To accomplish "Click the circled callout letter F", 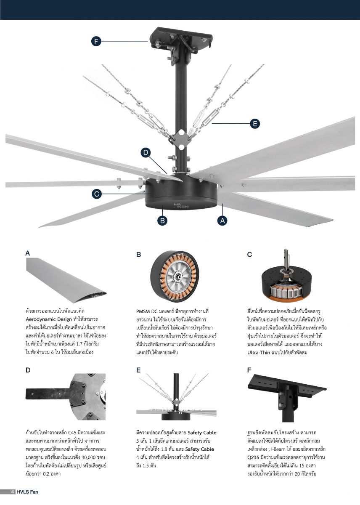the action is point(96,41).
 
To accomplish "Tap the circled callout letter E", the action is point(255,124).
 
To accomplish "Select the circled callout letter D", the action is point(146,153).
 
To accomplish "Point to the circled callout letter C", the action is point(97,194).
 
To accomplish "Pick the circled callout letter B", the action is point(162,221).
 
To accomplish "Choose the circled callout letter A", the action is point(222,221).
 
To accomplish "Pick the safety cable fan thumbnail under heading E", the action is point(176,397).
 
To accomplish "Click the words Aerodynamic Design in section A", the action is point(49,319).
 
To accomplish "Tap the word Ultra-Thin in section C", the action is point(258,352).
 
